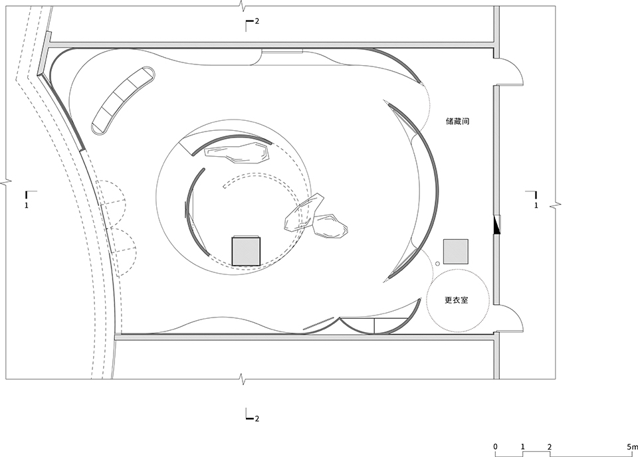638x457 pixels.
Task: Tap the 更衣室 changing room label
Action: pyautogui.click(x=457, y=300)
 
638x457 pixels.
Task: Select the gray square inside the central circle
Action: pyautogui.click(x=246, y=250)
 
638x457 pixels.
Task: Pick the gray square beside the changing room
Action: pyautogui.click(x=456, y=251)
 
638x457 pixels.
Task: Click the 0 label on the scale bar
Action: pyautogui.click(x=495, y=446)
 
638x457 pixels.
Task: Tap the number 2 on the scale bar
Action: pyautogui.click(x=550, y=446)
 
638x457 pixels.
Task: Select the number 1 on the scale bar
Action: pyautogui.click(x=523, y=446)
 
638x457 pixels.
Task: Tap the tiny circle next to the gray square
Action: pyautogui.click(x=437, y=264)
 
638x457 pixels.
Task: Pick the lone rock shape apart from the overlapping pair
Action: pyautogui.click(x=237, y=152)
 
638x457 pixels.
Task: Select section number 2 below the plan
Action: pyautogui.click(x=257, y=418)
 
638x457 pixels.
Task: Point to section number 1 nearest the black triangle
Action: pyautogui.click(x=536, y=206)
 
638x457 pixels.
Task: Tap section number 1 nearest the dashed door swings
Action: pyautogui.click(x=26, y=206)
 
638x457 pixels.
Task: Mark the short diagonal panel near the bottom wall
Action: pyautogui.click(x=316, y=325)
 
